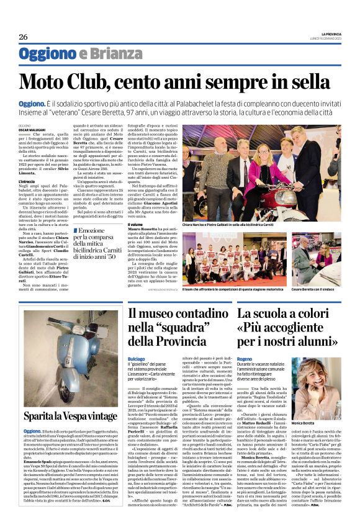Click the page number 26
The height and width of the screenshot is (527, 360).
pyautogui.click(x=23, y=37)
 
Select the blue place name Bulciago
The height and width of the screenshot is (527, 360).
pyautogui.click(x=136, y=359)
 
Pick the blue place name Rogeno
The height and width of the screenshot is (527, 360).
pyautogui.click(x=245, y=359)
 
